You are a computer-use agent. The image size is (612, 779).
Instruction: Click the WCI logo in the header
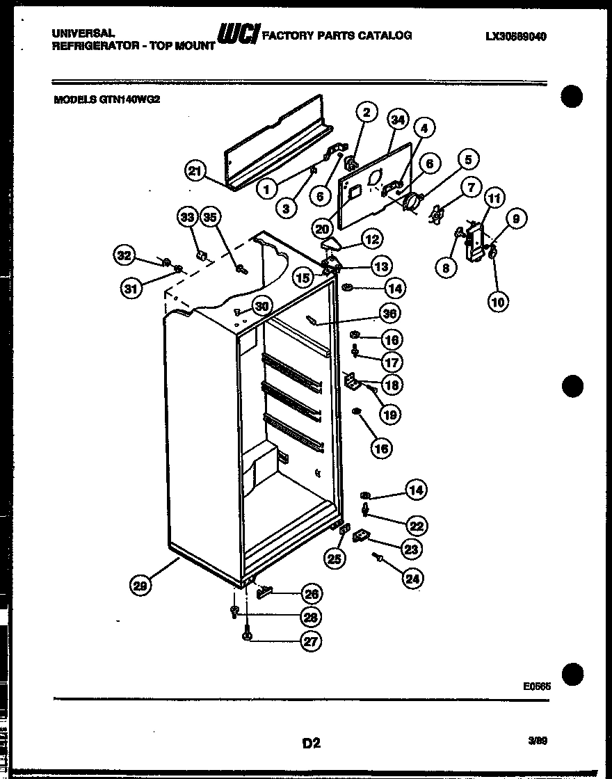click(239, 35)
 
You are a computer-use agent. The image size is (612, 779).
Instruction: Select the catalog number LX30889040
click(515, 37)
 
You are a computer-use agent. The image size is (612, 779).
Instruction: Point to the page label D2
click(311, 743)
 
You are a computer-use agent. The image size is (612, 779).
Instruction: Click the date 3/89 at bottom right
click(538, 741)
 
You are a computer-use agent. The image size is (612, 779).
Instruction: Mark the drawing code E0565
click(537, 686)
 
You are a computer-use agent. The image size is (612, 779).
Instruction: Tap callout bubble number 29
click(141, 586)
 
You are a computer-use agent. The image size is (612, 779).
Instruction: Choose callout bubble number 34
click(397, 120)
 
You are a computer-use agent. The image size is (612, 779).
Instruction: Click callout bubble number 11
click(493, 199)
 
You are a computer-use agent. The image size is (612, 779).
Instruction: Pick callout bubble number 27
click(310, 641)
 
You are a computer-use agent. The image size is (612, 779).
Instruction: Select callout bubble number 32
click(124, 256)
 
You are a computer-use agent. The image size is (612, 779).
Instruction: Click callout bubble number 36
click(390, 314)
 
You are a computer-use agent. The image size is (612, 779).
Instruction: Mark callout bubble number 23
click(412, 549)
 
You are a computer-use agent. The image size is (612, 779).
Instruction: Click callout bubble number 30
click(261, 305)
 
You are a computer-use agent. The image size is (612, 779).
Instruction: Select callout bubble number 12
click(373, 239)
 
